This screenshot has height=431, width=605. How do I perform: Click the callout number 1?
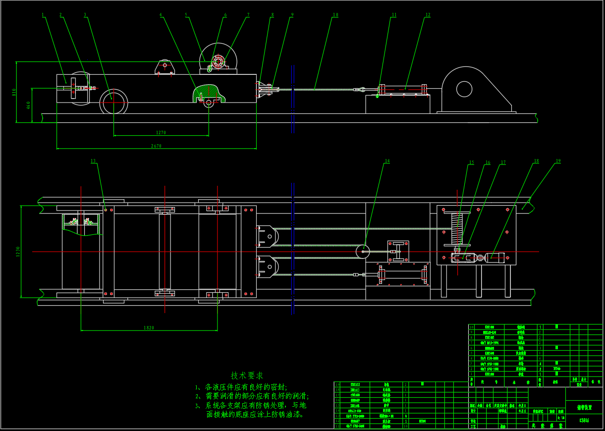[43, 15]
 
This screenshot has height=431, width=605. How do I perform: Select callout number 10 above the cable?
[335, 15]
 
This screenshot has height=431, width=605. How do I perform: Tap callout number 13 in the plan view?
[93, 161]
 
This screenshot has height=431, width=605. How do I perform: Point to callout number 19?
[558, 161]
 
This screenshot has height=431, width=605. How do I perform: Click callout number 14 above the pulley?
[387, 161]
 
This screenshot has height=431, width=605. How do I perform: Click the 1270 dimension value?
[161, 133]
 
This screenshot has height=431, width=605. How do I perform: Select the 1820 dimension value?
[149, 328]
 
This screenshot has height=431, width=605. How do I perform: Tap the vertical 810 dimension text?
[14, 92]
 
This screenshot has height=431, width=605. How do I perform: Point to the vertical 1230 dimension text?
[19, 252]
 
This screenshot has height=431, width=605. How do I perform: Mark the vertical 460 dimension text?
[29, 105]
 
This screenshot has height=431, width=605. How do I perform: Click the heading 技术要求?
[247, 376]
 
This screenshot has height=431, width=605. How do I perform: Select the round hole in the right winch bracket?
[464, 89]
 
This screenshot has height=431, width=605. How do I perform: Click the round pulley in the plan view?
[363, 251]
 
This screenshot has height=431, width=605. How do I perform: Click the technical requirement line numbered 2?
[252, 396]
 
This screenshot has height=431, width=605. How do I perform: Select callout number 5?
[186, 15]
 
